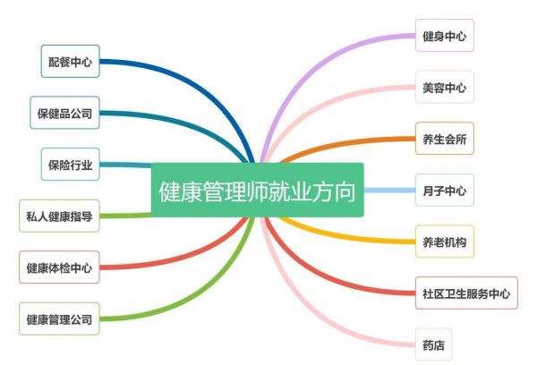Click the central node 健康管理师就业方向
pyautogui.click(x=257, y=190)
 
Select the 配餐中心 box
pyautogui.click(x=70, y=62)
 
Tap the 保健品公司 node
pyautogui.click(x=64, y=113)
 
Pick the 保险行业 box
pyautogui.click(x=70, y=165)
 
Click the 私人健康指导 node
pyautogui.click(x=59, y=216)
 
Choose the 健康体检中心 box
pyautogui.click(x=59, y=267)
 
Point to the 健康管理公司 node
pyautogui.click(x=59, y=319)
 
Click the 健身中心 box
pyautogui.click(x=445, y=36)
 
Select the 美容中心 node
pyautogui.click(x=445, y=88)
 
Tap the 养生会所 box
pyautogui.click(x=445, y=139)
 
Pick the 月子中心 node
pyautogui.click(x=445, y=190)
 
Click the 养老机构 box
pyautogui.click(x=445, y=242)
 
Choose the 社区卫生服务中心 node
pyautogui.click(x=466, y=293)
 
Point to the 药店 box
pyautogui.click(x=433, y=344)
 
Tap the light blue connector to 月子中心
pyautogui.click(x=389, y=190)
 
